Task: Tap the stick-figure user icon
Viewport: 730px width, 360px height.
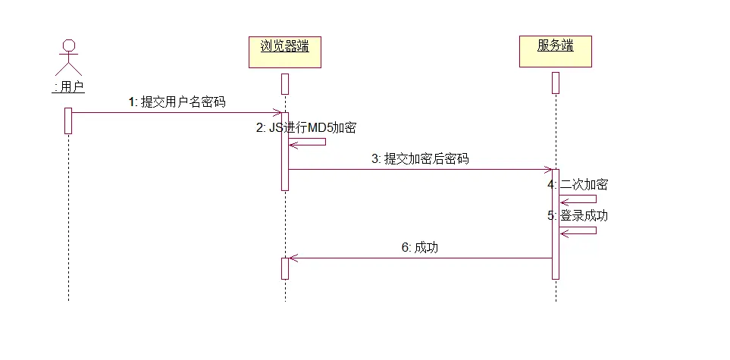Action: tap(68, 57)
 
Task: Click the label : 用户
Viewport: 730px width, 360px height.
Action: tap(68, 87)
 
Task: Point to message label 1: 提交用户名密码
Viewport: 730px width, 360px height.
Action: tap(177, 102)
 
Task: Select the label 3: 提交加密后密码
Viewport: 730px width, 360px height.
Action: tap(420, 159)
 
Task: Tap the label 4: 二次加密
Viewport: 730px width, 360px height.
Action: tap(578, 184)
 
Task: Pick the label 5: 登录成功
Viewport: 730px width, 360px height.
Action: tap(578, 215)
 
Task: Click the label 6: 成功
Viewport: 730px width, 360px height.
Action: tap(420, 247)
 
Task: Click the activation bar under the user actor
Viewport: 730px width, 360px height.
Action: tap(68, 121)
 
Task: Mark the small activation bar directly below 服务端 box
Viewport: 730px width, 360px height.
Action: tap(555, 83)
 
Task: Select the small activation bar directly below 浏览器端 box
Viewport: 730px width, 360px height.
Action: tap(285, 83)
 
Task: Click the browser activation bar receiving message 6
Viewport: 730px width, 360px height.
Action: tap(285, 268)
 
